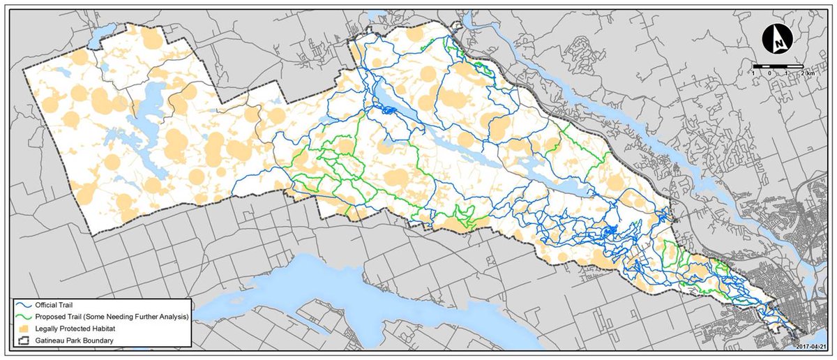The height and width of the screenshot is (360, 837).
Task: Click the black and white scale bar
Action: pos(778,66)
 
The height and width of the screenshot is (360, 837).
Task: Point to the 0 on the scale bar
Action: pos(770,73)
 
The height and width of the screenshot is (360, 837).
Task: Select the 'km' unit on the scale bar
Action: pos(810,73)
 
